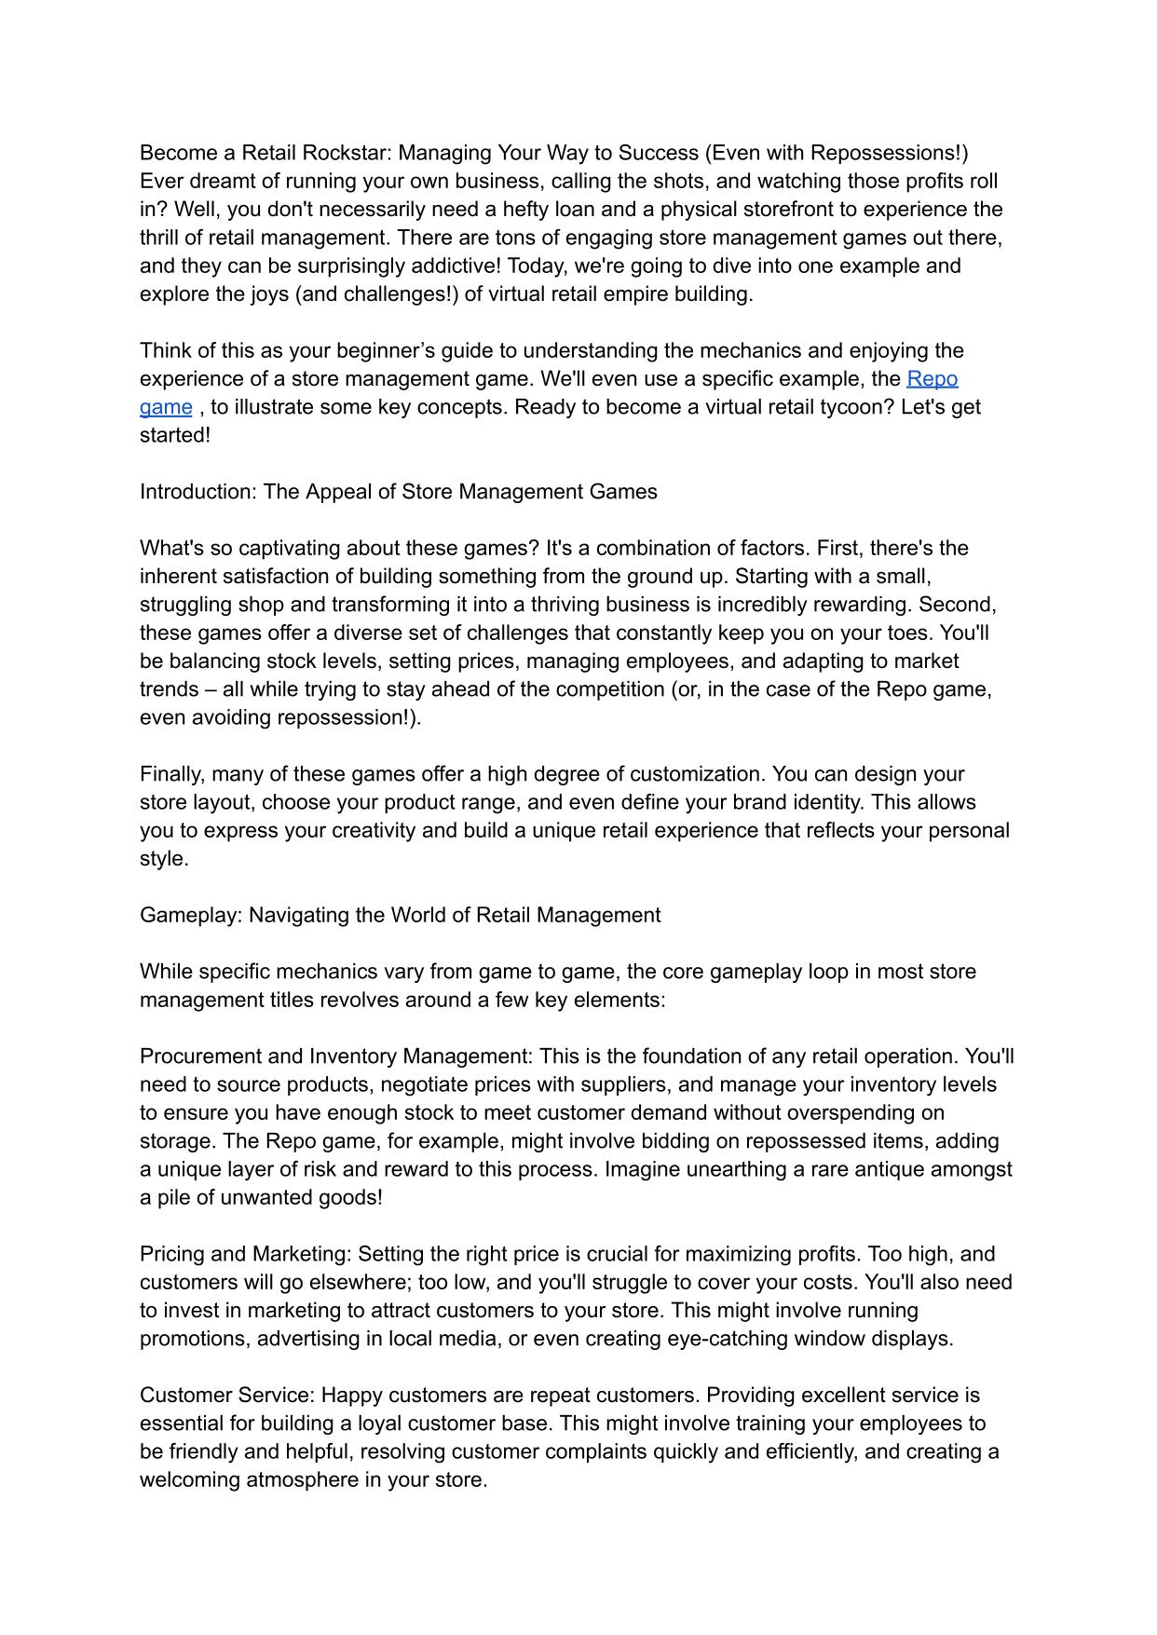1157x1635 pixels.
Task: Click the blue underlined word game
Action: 166,407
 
